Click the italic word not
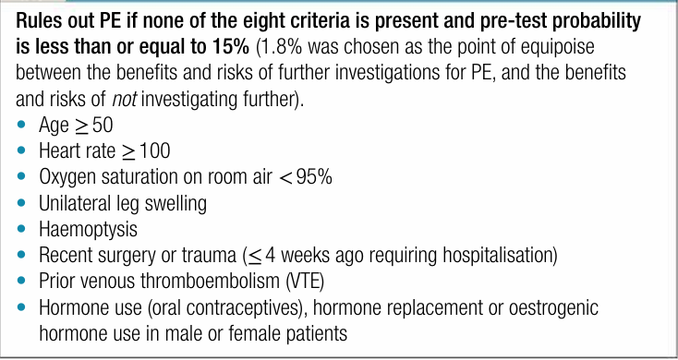pyautogui.click(x=125, y=100)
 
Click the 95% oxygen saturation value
pyautogui.click(x=316, y=177)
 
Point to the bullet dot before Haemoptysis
pyautogui.click(x=21, y=229)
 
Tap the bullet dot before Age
pyautogui.click(x=21, y=126)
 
